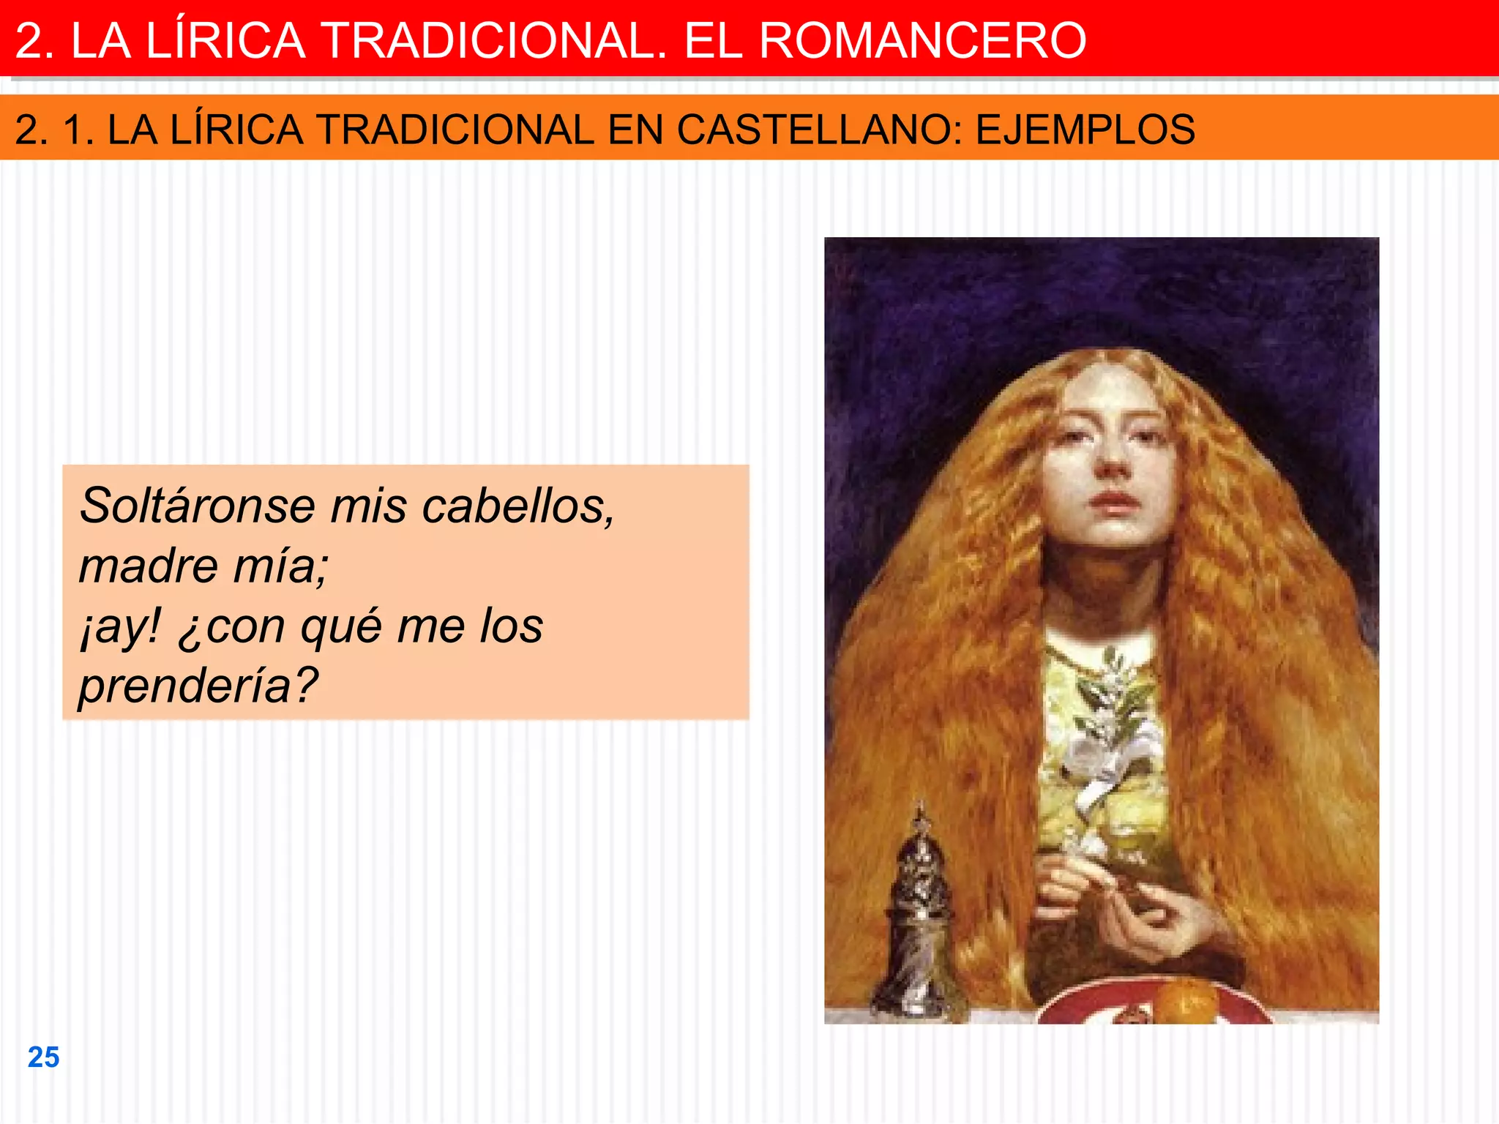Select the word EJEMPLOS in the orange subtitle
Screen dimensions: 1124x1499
click(1085, 130)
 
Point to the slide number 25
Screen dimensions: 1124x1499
click(43, 1057)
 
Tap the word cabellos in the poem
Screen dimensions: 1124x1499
click(517, 505)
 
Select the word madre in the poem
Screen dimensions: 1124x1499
click(149, 566)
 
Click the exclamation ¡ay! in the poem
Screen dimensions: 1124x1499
click(120, 626)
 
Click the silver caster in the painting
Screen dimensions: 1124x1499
click(916, 922)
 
